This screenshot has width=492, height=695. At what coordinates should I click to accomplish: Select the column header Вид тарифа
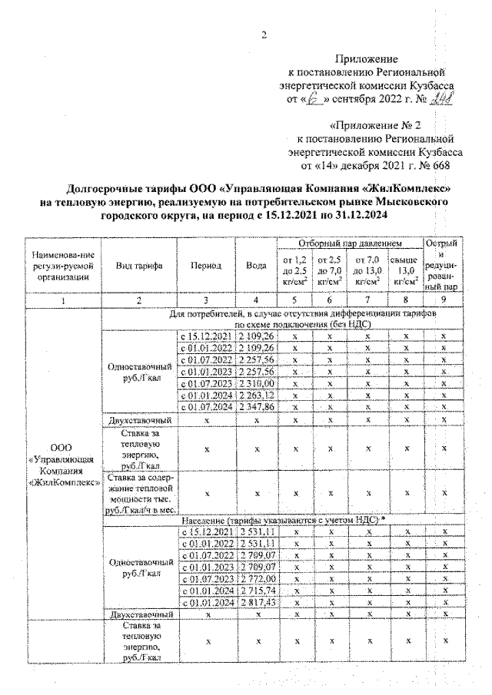click(138, 265)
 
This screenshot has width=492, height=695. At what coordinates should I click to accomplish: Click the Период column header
click(206, 265)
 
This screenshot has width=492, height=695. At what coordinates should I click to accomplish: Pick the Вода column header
click(256, 265)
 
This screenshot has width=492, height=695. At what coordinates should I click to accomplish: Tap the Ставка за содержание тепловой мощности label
click(139, 491)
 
